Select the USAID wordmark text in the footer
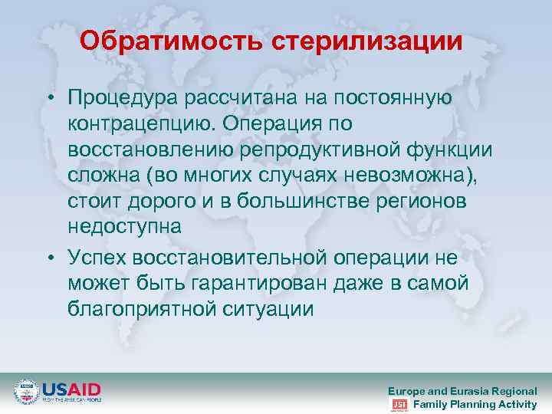point(71,389)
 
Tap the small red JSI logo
point(399,405)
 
